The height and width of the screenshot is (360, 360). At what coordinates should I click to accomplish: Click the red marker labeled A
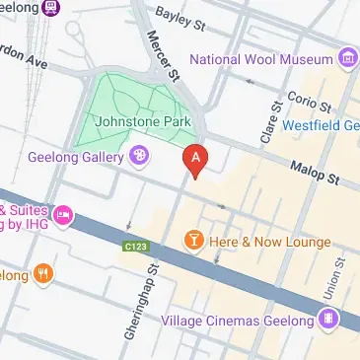click(196, 159)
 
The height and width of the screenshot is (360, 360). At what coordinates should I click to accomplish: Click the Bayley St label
click(183, 18)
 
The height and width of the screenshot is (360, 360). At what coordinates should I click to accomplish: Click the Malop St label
click(314, 175)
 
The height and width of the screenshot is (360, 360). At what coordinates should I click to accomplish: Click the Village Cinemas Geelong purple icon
click(327, 318)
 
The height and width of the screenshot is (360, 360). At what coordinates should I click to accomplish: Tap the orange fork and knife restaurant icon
click(42, 273)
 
